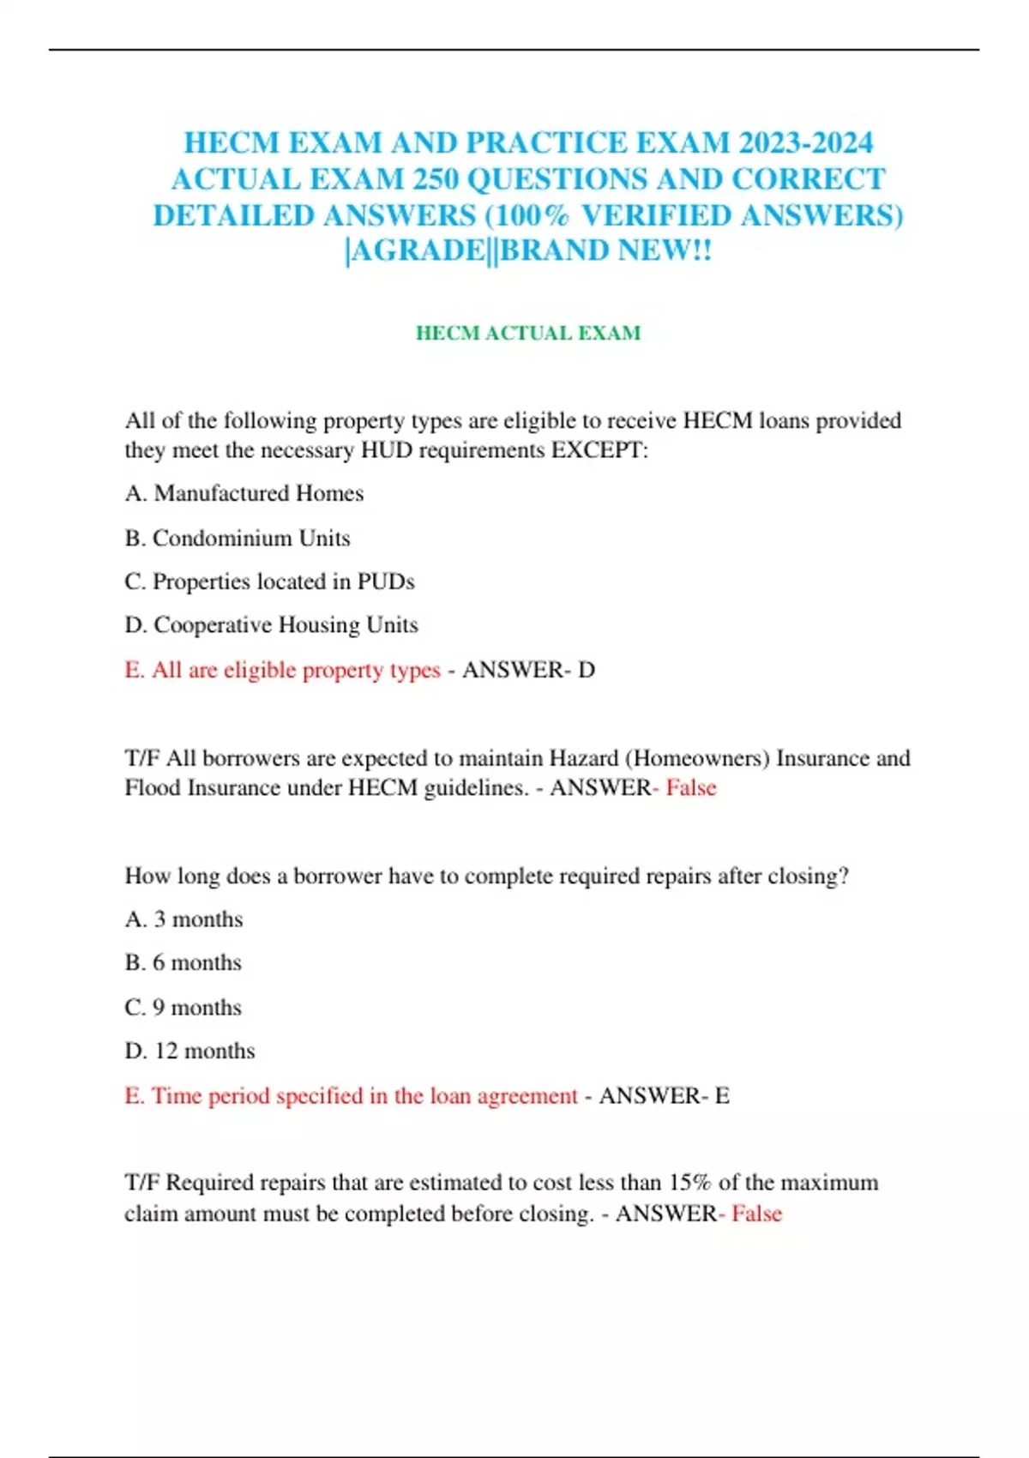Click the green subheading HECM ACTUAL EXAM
coord(528,333)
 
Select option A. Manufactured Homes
coord(244,493)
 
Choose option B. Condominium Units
coord(238,538)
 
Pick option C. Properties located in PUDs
coord(269,581)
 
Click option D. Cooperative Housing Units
coord(271,624)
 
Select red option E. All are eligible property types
coord(282,670)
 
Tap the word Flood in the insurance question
coord(153,788)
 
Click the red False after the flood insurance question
coord(691,788)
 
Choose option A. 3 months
coord(184,919)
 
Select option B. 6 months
coord(183,963)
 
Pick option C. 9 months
coord(183,1008)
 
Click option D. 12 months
coord(190,1051)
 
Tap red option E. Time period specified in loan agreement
coord(351,1096)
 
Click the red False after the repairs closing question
coord(756,1214)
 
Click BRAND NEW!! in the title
coord(605,251)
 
